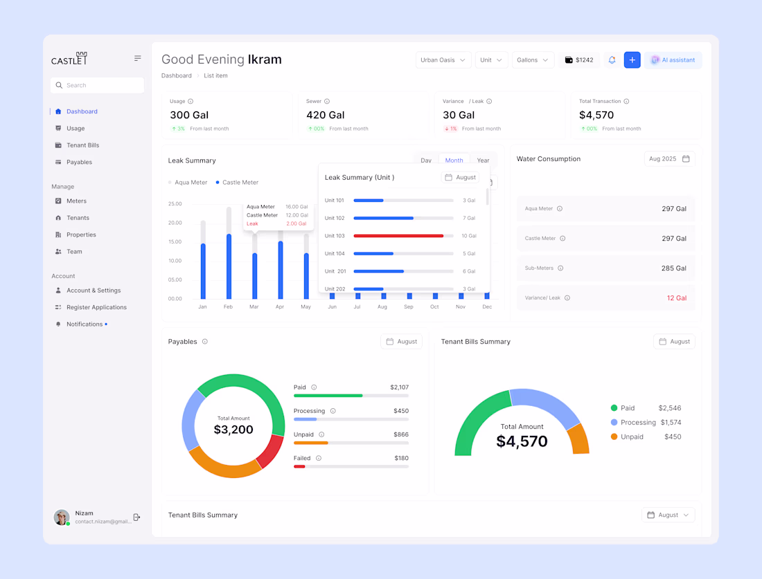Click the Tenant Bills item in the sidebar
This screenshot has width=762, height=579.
coord(82,145)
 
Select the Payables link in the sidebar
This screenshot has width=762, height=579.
coord(79,162)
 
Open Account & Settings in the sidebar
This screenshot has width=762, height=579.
coord(94,291)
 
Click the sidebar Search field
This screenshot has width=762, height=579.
coord(97,85)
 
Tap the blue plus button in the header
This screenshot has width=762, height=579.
coord(632,60)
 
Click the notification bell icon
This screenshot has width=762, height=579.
coord(612,60)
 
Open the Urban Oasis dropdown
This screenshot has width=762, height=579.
coord(443,60)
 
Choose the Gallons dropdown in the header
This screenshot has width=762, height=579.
coord(533,60)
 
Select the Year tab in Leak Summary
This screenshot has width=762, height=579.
coord(483,160)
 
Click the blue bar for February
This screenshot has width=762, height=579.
coord(229,266)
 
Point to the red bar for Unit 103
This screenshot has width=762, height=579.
coord(398,236)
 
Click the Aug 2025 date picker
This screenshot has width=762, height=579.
coord(669,159)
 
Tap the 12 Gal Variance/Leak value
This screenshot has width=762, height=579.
coord(676,298)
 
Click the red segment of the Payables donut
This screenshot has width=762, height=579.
coord(270,452)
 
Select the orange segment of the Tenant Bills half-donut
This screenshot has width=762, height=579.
coord(578,439)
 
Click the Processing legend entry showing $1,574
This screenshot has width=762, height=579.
coord(646,423)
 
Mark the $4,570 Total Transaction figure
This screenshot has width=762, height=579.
coord(596,116)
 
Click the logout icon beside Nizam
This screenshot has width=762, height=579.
coord(136,517)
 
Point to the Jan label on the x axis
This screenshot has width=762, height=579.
coord(202,306)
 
